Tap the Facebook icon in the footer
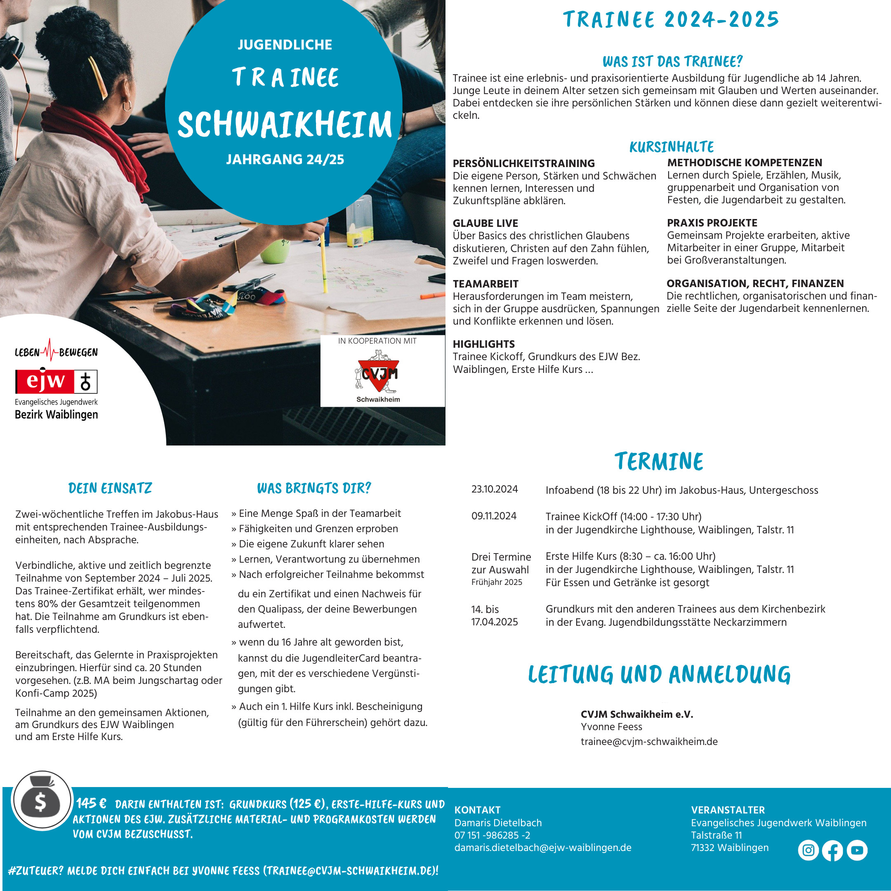[x=832, y=851]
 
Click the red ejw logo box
[x=44, y=382]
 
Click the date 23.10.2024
[x=495, y=489]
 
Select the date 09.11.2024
[x=494, y=516]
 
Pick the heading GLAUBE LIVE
[x=485, y=223]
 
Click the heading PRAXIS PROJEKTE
[x=712, y=223]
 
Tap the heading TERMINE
[x=659, y=461]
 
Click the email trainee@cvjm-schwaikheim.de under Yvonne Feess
[x=649, y=742]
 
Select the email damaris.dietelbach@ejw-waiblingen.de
[x=542, y=848]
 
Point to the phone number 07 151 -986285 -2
[x=492, y=835]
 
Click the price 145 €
[x=91, y=804]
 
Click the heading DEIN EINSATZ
[x=110, y=488]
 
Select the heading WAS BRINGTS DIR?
[x=313, y=488]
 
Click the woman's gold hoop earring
[x=126, y=106]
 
